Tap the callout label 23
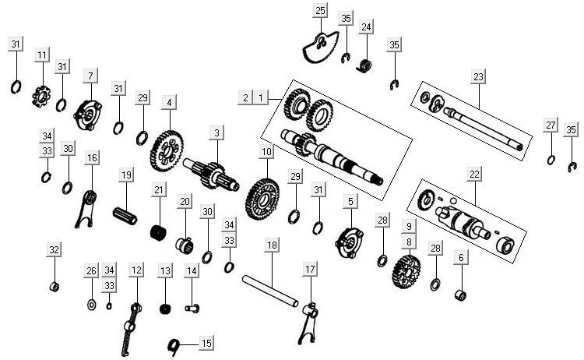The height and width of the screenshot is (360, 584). coord(478,76)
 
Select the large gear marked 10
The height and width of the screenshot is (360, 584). coord(264,192)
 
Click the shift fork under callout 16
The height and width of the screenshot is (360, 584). coord(90,209)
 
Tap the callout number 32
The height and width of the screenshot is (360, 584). coord(54,250)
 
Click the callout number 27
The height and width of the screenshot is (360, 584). coord(551,125)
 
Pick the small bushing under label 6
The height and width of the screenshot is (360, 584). coord(460,295)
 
